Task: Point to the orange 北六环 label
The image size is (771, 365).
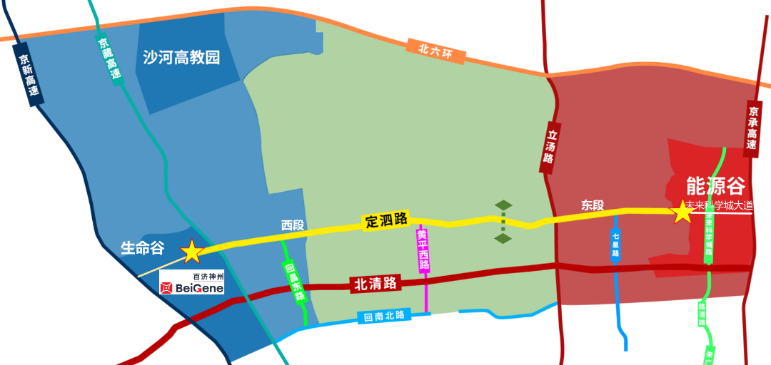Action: point(436,51)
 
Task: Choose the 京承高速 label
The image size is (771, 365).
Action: point(752,129)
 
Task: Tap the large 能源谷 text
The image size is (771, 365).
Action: point(715,186)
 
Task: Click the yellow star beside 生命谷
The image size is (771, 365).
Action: point(192,251)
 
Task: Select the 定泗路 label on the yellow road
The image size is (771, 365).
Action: point(386,220)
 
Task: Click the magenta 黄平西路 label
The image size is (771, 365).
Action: point(423,250)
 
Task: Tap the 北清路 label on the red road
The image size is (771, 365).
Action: point(375,284)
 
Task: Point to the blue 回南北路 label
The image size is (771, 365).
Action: point(384,316)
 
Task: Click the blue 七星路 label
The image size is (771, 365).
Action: point(615,246)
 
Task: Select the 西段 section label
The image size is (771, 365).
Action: point(292,225)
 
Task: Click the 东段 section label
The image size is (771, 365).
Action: point(593,205)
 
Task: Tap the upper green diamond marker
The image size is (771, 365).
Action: point(504,205)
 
